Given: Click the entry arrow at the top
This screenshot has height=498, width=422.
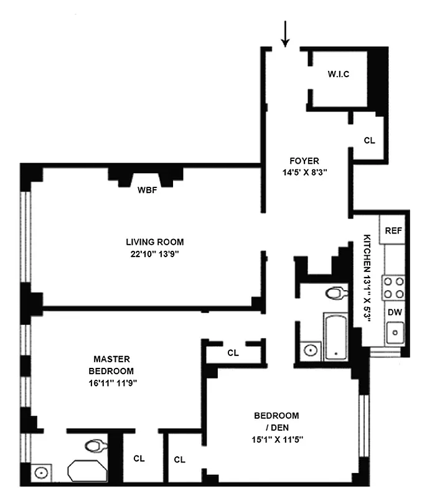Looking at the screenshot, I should [286, 34].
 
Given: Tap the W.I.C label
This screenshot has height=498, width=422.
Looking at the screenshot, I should [338, 75].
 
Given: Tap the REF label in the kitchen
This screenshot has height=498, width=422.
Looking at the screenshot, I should [393, 230].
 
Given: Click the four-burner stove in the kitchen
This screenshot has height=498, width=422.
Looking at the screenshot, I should [393, 287].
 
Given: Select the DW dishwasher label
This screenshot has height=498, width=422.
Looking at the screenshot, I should [394, 312].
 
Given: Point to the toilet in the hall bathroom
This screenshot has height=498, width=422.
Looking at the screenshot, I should [337, 292].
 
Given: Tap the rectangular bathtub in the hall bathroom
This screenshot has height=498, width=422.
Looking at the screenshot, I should [337, 336].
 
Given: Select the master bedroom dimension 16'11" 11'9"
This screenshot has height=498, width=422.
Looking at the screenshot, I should [111, 383].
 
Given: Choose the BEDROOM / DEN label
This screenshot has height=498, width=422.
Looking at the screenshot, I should [276, 421].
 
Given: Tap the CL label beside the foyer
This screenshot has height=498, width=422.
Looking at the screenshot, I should [369, 140].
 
